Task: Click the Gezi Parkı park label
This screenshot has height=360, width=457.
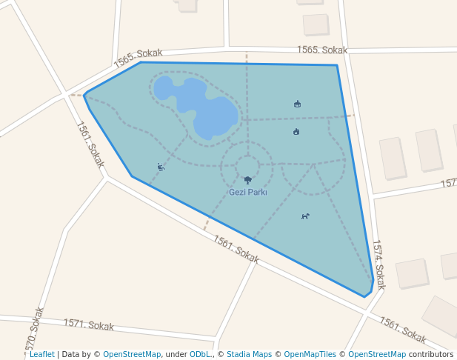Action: (247, 192)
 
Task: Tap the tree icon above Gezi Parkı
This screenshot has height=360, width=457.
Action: (247, 180)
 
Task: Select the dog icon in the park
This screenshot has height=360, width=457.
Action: (305, 216)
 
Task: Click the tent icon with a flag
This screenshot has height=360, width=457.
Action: (297, 104)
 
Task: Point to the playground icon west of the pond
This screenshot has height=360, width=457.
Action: (161, 167)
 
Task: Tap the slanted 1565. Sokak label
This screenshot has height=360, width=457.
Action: (138, 59)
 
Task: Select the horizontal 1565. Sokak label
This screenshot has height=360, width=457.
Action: (322, 50)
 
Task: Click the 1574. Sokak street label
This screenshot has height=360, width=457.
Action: (378, 264)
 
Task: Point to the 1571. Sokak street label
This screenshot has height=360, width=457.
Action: (88, 324)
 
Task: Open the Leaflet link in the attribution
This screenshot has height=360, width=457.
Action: (41, 354)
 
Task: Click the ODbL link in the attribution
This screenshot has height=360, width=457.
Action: (200, 354)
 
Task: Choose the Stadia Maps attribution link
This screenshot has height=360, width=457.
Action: (249, 354)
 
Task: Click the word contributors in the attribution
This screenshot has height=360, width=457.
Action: (431, 354)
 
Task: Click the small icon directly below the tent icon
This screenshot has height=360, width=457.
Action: (296, 132)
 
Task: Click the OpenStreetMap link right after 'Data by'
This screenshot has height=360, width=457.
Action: (132, 354)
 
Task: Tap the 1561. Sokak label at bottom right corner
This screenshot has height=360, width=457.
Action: (403, 330)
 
